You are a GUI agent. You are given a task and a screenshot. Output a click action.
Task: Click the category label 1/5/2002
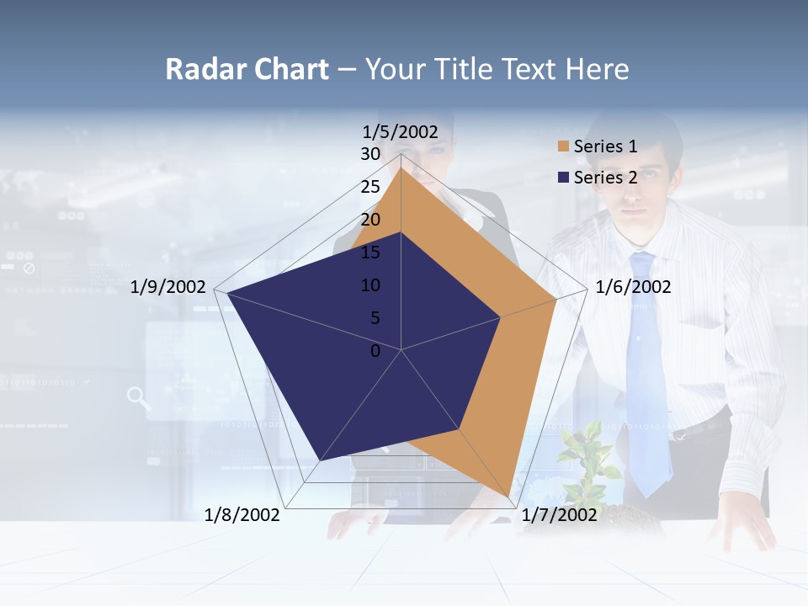(x=401, y=132)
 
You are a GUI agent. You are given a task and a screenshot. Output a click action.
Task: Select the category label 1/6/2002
(x=633, y=287)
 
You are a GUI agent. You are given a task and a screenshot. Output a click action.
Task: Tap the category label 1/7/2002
(x=560, y=515)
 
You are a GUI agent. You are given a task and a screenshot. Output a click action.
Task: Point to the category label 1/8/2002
(x=242, y=515)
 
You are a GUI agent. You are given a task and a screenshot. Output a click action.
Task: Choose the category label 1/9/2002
(x=168, y=287)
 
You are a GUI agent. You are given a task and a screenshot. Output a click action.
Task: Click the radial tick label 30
(x=370, y=154)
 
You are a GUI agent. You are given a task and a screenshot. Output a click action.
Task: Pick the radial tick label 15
(x=370, y=252)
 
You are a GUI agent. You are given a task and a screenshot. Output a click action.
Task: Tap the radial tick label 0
(x=375, y=350)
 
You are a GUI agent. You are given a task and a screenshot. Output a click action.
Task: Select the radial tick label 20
(x=370, y=220)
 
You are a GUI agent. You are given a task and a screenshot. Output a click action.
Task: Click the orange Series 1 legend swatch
(x=563, y=146)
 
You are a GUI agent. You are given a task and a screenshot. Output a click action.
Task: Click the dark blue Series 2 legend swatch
(x=563, y=178)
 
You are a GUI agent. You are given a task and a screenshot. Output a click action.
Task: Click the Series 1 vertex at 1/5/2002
(x=401, y=167)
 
